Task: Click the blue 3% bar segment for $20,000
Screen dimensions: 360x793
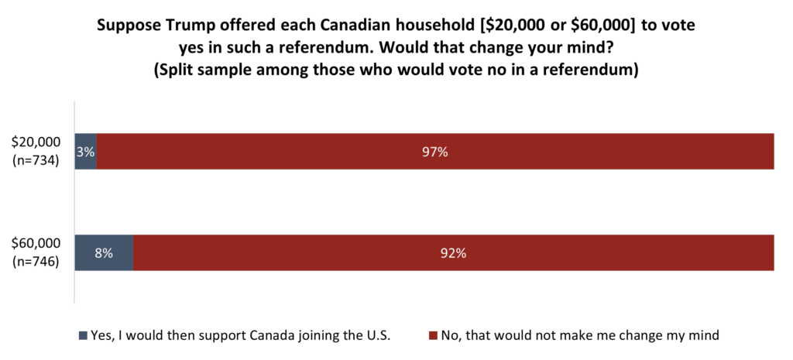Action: point(85,152)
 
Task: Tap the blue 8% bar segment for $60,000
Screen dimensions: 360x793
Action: point(104,252)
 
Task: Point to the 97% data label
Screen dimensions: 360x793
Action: point(435,153)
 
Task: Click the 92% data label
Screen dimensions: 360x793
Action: point(454,253)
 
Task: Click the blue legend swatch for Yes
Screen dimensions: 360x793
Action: point(83,336)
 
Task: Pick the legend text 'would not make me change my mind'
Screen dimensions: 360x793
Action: point(580,336)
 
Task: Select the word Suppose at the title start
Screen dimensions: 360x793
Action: point(124,25)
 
